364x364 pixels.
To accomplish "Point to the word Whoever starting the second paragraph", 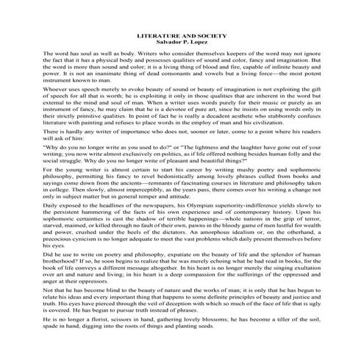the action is (56, 88).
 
